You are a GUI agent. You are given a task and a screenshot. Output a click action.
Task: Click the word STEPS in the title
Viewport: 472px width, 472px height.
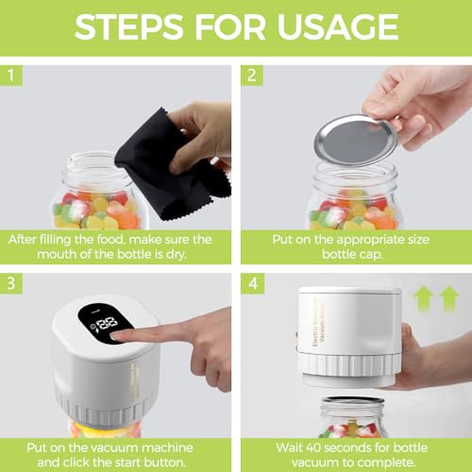(129, 26)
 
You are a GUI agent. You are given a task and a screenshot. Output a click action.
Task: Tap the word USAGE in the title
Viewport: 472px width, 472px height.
(338, 26)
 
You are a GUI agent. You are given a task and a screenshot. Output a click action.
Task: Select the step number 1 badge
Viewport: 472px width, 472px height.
(11, 76)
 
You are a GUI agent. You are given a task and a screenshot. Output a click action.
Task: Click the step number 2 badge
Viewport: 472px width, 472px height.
(252, 76)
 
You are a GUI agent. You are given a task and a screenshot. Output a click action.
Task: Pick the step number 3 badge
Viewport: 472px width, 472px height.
(11, 283)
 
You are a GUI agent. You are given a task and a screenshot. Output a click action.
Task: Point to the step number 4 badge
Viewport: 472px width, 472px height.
(253, 283)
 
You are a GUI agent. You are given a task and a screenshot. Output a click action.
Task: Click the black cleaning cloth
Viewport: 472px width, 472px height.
(173, 163)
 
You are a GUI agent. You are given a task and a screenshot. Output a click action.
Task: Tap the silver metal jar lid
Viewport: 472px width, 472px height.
(356, 141)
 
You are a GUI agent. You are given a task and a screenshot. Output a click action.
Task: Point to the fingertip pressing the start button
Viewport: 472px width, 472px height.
(116, 336)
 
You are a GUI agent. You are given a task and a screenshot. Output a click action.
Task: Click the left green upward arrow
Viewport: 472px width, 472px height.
(424, 297)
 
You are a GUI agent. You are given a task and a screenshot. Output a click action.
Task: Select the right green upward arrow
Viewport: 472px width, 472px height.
(449, 297)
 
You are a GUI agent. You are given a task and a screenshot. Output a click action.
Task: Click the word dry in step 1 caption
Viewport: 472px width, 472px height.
(177, 254)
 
